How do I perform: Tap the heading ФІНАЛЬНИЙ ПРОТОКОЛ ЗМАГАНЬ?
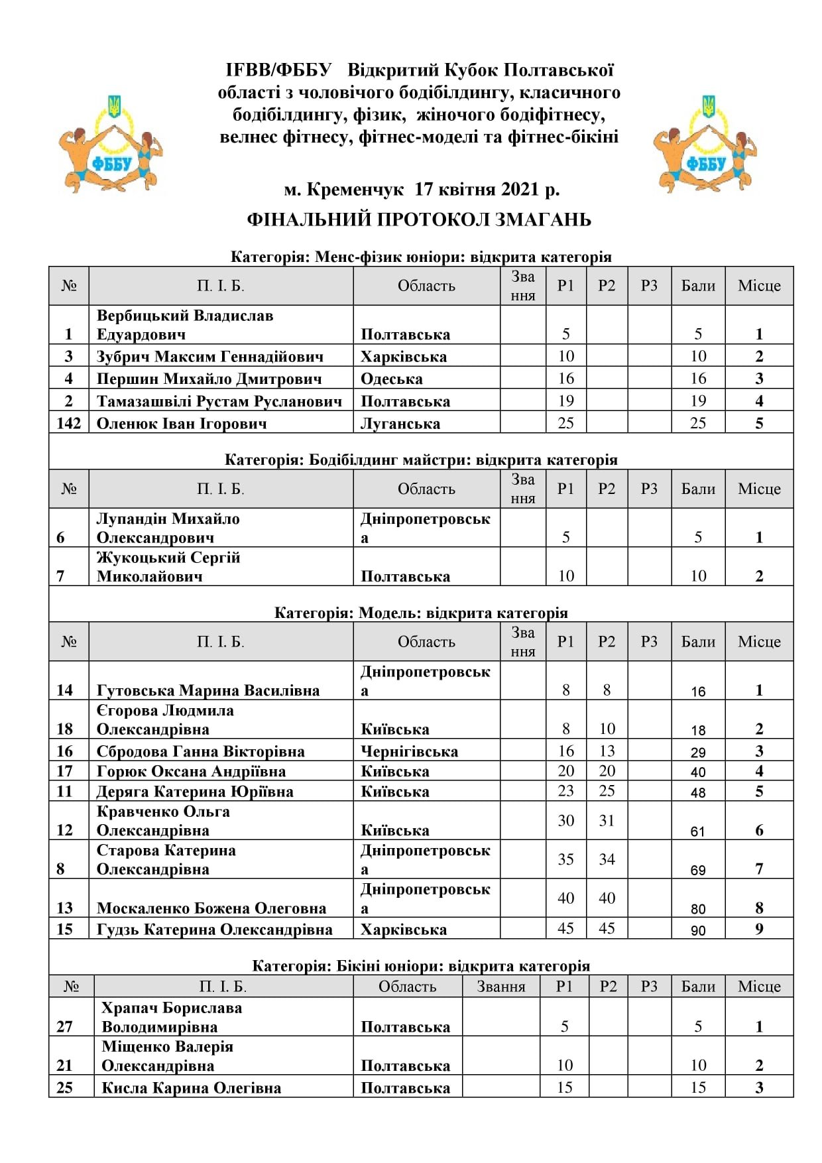click(x=419, y=219)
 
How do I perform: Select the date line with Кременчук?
click(x=422, y=190)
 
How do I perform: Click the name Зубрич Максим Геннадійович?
click(x=210, y=357)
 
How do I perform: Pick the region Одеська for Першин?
click(x=391, y=379)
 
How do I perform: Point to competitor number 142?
click(x=69, y=423)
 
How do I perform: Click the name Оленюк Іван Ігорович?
click(x=182, y=424)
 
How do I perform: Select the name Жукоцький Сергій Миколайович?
click(x=168, y=567)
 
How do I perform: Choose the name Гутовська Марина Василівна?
click(x=208, y=690)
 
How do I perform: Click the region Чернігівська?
click(x=409, y=751)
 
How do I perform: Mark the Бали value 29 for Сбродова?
click(x=698, y=753)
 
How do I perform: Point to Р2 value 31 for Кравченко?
click(x=607, y=821)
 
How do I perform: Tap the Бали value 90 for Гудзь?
click(x=698, y=930)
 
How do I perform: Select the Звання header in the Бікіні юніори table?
click(x=501, y=987)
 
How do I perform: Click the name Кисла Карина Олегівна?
click(x=191, y=1088)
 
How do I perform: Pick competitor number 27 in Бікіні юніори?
click(x=64, y=1026)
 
